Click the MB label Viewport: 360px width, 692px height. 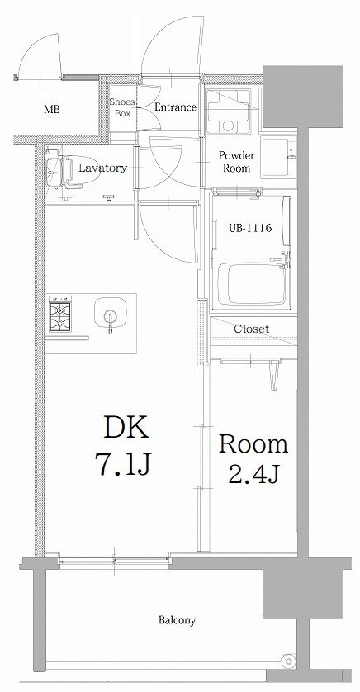click(x=51, y=109)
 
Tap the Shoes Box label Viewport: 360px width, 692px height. click(x=122, y=107)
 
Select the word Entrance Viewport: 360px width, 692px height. click(x=175, y=107)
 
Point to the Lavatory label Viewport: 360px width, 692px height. click(x=102, y=168)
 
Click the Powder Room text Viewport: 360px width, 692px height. click(x=236, y=161)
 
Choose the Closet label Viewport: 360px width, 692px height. click(x=251, y=329)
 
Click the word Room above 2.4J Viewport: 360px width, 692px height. click(x=253, y=444)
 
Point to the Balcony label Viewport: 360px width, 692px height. click(x=177, y=620)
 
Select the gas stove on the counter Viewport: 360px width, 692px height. click(x=61, y=315)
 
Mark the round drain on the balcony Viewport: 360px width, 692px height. click(x=287, y=661)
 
